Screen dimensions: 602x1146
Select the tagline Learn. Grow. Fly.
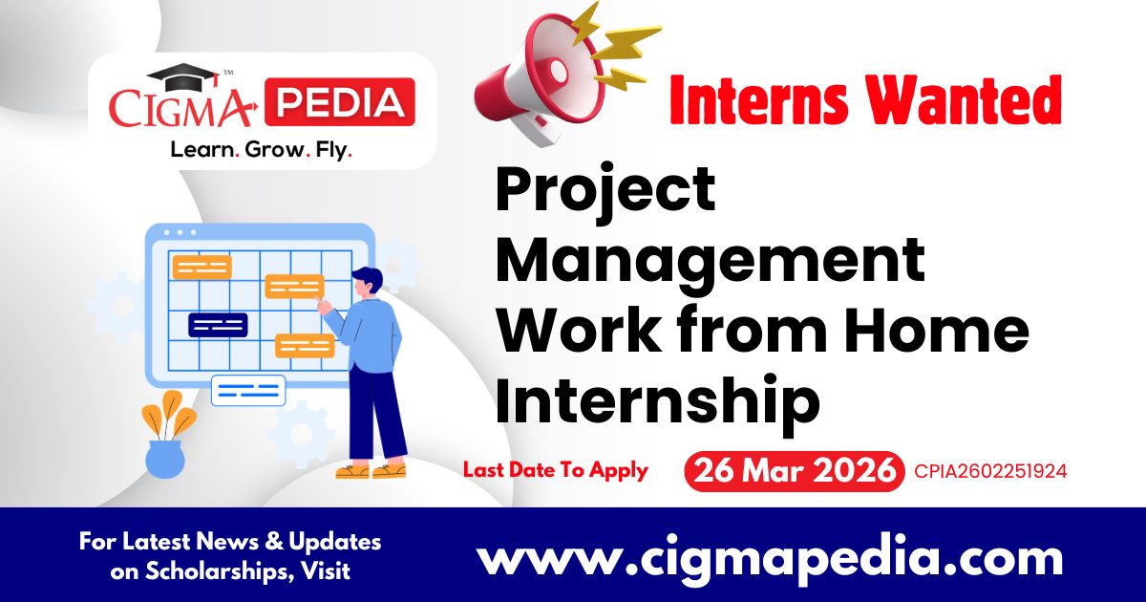click(x=261, y=150)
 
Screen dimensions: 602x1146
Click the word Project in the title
click(x=605, y=190)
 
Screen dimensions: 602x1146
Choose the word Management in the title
click(x=710, y=260)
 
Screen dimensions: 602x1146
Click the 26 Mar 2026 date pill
click(x=794, y=471)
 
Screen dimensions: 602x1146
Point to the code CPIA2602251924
click(x=990, y=471)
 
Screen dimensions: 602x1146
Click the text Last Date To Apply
click(x=556, y=470)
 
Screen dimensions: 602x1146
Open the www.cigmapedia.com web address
click(x=770, y=557)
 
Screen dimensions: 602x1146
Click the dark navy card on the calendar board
click(x=218, y=325)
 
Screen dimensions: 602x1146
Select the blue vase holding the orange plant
click(x=164, y=459)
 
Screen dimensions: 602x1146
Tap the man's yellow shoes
click(x=371, y=470)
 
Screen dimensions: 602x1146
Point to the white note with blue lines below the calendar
click(x=247, y=390)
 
